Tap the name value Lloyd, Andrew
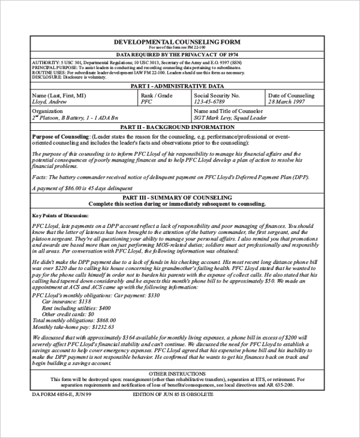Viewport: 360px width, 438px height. pyautogui.click(x=49, y=102)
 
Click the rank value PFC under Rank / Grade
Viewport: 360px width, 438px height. pyautogui.click(x=146, y=102)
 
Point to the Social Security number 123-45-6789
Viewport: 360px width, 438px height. pyautogui.click(x=215, y=102)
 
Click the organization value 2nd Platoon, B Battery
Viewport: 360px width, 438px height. pyautogui.click(x=75, y=118)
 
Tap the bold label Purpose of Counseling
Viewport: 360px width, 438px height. pyautogui.click(x=60, y=137)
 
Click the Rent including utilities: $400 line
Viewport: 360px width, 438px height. pyautogui.click(x=81, y=308)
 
